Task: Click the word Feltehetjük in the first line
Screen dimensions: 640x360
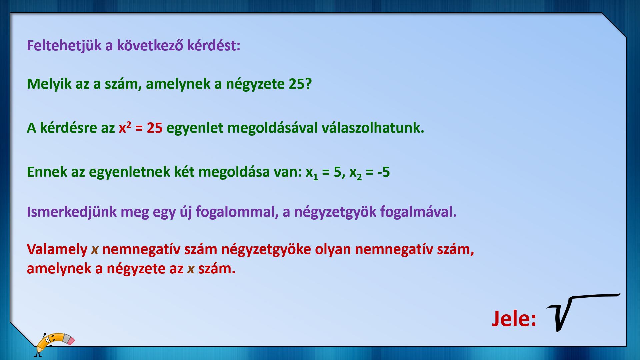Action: (64, 46)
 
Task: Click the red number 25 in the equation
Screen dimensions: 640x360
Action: (154, 128)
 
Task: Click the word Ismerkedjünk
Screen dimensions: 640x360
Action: (72, 212)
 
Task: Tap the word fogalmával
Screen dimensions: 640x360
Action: (418, 212)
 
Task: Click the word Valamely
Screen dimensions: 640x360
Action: (57, 249)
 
